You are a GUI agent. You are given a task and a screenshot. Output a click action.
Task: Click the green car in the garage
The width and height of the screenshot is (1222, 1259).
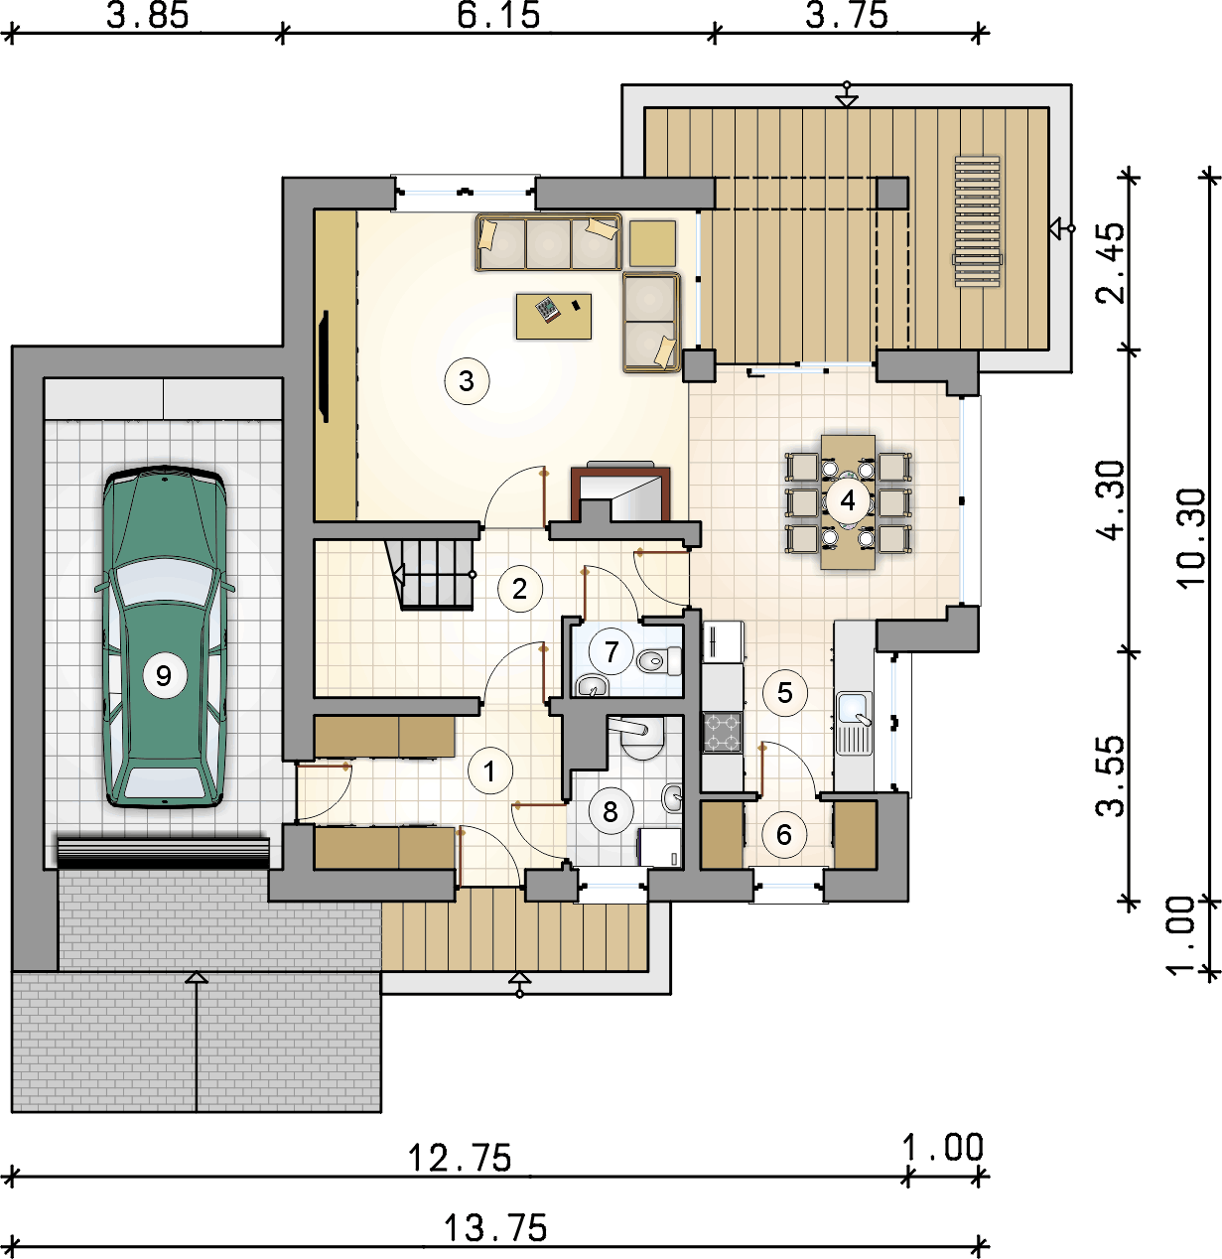[165, 636]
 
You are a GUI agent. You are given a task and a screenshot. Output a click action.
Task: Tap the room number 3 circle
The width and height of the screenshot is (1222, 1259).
[467, 381]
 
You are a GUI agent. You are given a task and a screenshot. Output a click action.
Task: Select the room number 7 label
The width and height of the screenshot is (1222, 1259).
[611, 651]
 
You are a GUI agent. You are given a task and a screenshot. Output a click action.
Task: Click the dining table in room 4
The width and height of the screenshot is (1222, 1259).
[848, 501]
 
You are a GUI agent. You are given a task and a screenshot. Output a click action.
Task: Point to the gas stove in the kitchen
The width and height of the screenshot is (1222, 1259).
[723, 732]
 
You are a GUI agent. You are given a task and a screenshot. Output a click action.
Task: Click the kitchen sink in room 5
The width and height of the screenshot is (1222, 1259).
[854, 723]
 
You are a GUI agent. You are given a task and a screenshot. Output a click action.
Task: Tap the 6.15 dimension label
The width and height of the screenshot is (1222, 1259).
[498, 16]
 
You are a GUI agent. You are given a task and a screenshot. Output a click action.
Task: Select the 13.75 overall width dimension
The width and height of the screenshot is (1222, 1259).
[495, 1227]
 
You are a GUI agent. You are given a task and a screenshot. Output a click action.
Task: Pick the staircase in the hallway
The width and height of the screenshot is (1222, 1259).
[431, 575]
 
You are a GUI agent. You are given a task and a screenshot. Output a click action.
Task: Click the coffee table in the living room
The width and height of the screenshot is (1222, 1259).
[554, 317]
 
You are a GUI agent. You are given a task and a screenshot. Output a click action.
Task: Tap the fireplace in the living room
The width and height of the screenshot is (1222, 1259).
[620, 493]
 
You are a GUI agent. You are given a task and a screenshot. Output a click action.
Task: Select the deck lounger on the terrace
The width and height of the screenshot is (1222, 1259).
[978, 220]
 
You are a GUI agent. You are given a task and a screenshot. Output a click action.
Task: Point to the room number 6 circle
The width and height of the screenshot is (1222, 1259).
[784, 835]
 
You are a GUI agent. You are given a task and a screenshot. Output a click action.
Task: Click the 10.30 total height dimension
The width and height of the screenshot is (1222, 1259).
[1191, 537]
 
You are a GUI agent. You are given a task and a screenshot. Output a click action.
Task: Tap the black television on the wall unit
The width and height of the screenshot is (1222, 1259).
[326, 366]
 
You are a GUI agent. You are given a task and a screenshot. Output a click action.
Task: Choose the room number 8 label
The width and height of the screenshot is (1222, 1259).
[611, 811]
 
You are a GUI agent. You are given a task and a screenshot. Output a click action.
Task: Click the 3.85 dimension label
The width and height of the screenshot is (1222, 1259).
[148, 16]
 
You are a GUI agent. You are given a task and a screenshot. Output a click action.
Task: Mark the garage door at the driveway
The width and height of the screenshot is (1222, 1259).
[163, 853]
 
